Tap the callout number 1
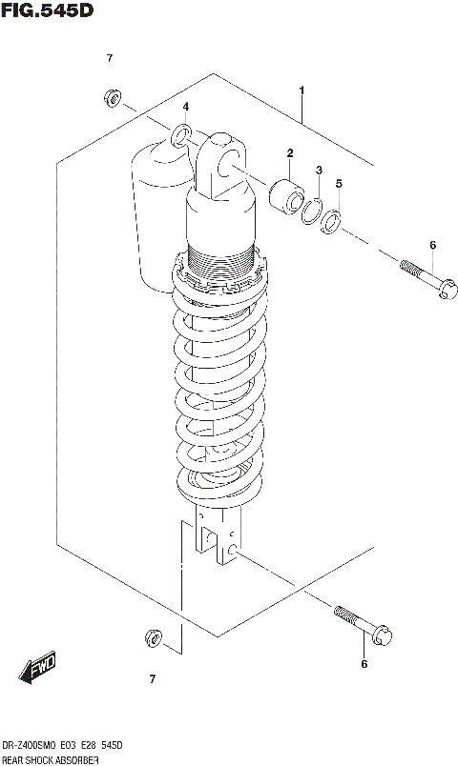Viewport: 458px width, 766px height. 302,91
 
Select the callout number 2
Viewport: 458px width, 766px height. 289,153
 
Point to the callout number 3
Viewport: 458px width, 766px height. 320,170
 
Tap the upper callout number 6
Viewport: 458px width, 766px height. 432,245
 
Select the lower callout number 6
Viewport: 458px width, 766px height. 364,664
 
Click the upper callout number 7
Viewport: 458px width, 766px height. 110,59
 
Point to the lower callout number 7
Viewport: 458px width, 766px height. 152,679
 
